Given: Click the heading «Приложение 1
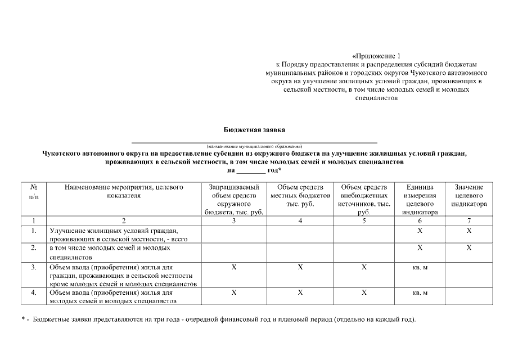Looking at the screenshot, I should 377,56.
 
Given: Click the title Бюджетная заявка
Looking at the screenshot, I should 254,129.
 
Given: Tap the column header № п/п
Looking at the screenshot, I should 34,191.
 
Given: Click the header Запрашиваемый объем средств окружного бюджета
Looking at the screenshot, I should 233,199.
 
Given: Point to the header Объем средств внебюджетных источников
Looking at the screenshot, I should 364,199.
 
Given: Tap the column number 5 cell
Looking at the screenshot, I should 364,220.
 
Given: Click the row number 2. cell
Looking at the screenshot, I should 34,247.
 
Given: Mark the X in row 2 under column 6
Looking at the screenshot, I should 420,247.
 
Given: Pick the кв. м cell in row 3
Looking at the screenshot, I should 420,267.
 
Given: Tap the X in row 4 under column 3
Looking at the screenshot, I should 233,293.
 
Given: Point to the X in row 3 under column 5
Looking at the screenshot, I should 364,267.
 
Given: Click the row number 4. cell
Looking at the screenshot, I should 34,293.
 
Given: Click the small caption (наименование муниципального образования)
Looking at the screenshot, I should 254,146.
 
